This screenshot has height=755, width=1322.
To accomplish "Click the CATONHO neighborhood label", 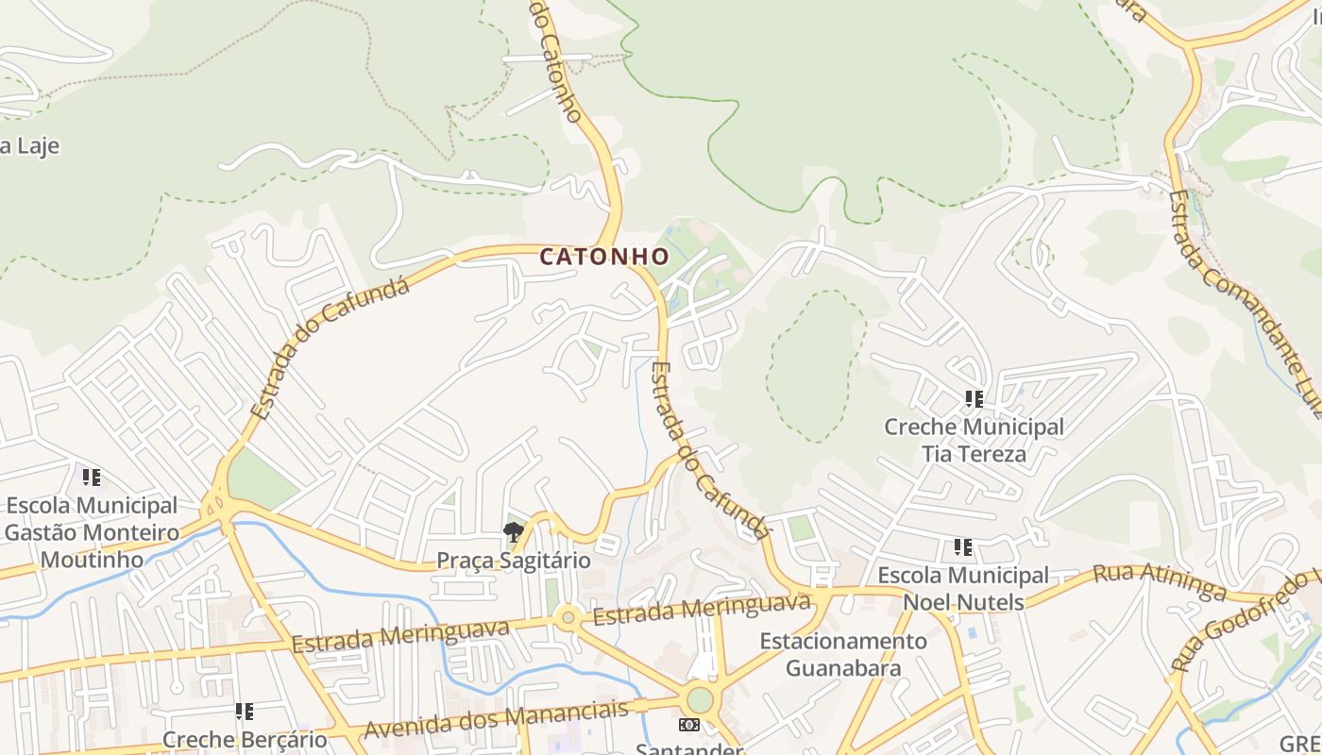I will pos(604,256).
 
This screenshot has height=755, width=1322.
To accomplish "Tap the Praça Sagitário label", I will pos(513,561).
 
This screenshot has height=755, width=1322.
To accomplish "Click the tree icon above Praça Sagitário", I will pos(514,532).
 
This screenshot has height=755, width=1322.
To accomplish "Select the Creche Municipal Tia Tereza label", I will pos(974,440).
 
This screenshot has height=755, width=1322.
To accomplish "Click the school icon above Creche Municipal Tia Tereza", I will pos(974,399).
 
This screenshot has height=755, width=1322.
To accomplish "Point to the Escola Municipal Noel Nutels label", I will pos(962,588).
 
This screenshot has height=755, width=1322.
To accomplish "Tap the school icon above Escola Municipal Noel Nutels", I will pos(962,547).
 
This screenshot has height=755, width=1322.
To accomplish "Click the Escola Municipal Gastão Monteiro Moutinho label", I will pos(92,532).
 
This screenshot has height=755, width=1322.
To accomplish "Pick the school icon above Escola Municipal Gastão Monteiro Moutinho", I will pos(92,478).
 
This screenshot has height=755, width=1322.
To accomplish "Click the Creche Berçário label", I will pos(245,739).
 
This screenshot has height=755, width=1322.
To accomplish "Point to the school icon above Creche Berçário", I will pos(245,711).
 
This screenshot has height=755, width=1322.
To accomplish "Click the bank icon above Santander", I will pos(689,725).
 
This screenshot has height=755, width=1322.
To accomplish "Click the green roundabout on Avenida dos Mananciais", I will pos(700,700).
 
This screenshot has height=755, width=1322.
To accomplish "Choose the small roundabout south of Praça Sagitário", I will pos(568,619).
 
